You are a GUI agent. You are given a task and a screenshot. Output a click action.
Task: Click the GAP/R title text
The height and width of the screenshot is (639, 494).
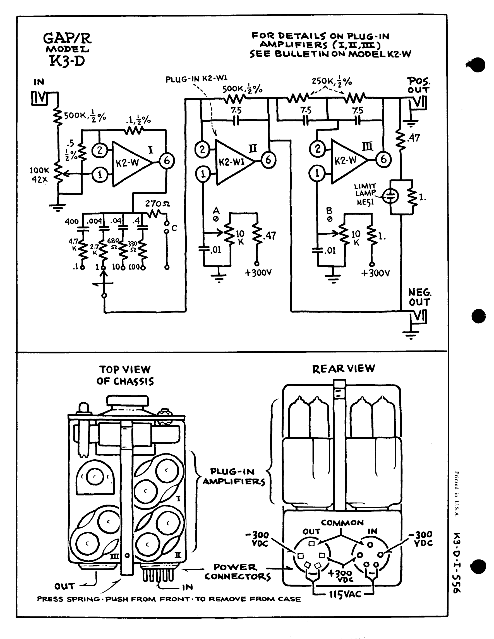coord(67,38)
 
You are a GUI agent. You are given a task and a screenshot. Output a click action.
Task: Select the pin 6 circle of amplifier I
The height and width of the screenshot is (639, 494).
coord(167,160)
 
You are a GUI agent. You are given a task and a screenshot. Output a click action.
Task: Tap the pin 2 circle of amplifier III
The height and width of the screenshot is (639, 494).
coord(318,149)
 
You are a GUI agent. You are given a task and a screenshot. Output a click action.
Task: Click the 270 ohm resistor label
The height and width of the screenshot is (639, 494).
coord(157,204)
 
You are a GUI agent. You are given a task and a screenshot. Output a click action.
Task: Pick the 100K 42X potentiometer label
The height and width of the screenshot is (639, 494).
coord(40,175)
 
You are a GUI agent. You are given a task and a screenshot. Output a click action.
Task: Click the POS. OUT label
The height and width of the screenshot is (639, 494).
coord(418,85)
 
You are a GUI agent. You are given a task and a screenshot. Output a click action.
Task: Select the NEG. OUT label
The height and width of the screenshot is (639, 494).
coord(419,297)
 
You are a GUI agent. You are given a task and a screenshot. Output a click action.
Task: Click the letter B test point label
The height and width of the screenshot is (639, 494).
coord(329,211)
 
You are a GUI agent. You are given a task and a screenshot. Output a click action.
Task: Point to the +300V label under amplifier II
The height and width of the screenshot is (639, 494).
coord(258,273)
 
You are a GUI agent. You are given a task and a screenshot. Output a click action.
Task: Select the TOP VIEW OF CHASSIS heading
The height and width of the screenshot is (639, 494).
coord(125,375)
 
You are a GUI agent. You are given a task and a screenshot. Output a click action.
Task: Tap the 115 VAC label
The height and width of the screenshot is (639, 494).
coord(345,594)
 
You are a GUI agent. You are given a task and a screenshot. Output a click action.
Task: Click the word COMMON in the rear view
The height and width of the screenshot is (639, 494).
coord(342,523)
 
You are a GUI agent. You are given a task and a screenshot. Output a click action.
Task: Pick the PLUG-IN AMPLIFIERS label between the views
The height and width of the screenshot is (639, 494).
coord(234,477)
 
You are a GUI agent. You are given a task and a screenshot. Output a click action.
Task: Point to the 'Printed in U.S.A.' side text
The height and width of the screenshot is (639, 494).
coord(457,494)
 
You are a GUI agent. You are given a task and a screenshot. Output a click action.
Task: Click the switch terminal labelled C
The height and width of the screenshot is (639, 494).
coord(174,228)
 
